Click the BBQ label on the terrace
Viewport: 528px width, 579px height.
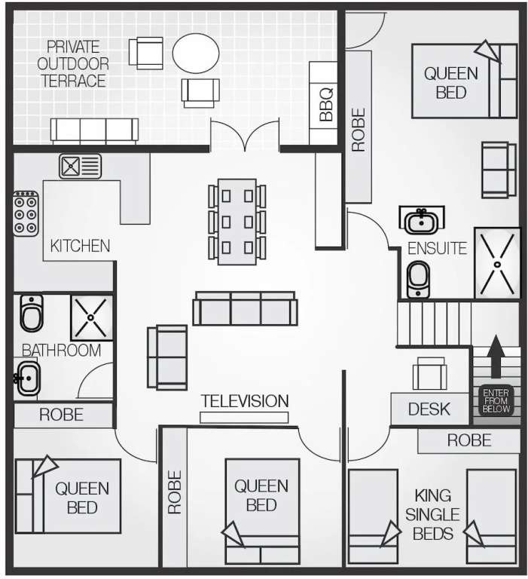click(326, 105)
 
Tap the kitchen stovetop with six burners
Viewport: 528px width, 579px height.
click(26, 213)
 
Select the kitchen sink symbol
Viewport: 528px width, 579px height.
click(80, 166)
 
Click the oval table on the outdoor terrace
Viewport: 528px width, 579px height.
click(196, 54)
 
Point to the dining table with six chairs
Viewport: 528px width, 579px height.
click(237, 222)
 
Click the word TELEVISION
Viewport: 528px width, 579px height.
click(245, 401)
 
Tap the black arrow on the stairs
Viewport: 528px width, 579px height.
click(496, 357)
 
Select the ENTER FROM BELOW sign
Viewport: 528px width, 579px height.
click(496, 400)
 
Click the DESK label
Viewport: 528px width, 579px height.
click(429, 409)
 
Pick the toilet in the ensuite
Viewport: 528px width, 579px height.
click(419, 280)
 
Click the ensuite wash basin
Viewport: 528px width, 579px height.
click(421, 221)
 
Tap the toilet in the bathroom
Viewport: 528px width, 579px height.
click(32, 313)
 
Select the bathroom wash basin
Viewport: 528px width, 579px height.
click(27, 378)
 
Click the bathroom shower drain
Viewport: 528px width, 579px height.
click(90, 317)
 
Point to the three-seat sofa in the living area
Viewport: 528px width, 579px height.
click(245, 308)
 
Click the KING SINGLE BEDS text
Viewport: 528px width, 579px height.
click(432, 515)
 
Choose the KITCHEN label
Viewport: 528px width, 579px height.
click(80, 246)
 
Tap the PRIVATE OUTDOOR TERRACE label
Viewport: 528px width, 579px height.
click(73, 64)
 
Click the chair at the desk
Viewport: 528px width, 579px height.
click(429, 373)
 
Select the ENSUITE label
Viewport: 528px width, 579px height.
click(437, 249)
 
